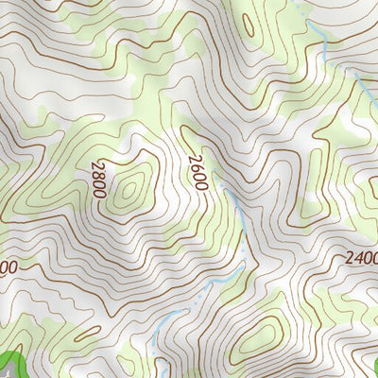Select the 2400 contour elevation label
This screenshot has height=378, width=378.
[x=358, y=257]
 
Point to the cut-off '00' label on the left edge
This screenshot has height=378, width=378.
[x=8, y=267]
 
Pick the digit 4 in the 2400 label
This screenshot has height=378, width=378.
[x=352, y=257]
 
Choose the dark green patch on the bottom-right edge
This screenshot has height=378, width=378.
[x=373, y=363]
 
